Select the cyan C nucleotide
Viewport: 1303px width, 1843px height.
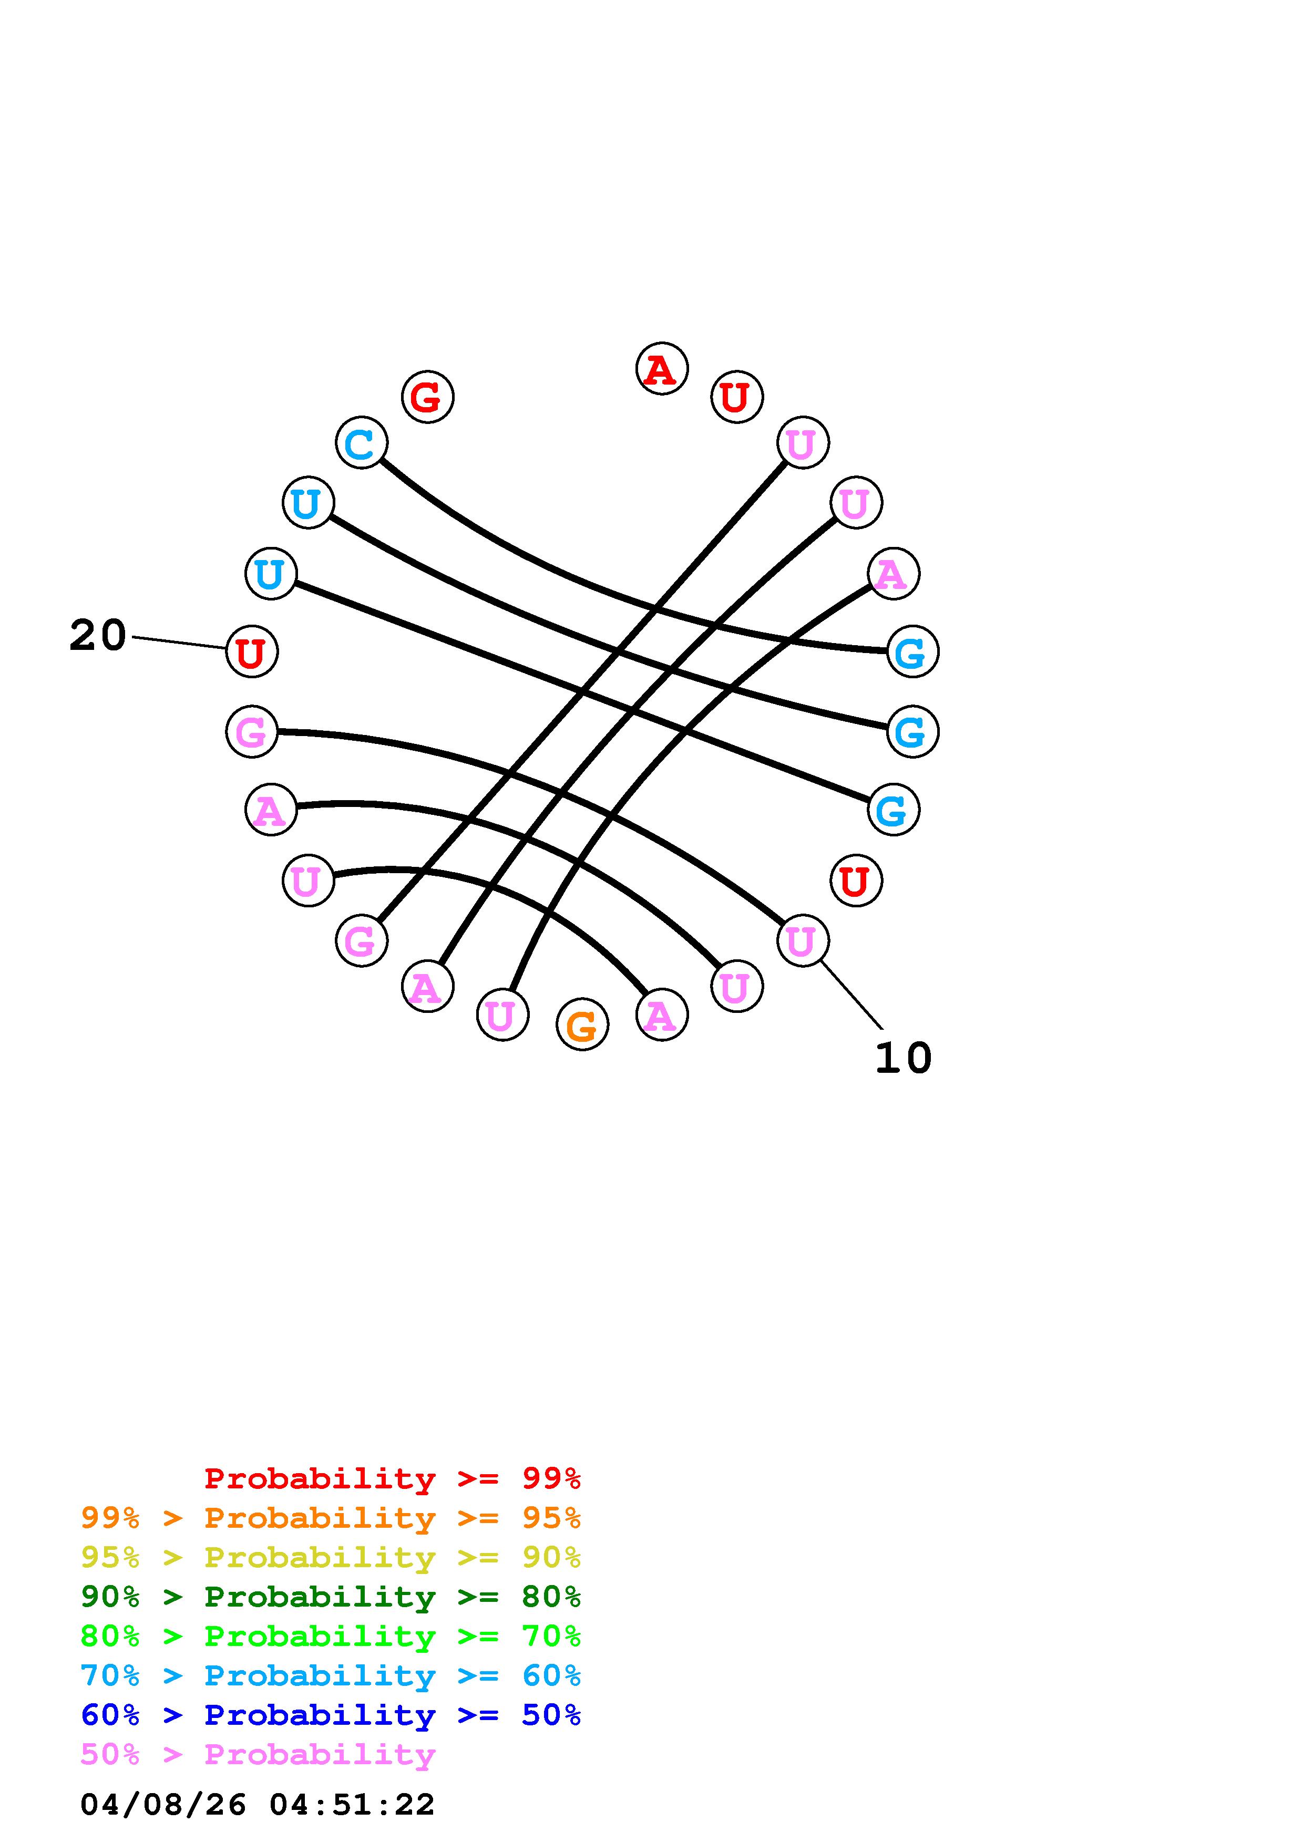pyautogui.click(x=361, y=442)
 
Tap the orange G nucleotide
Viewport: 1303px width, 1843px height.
pyautogui.click(x=582, y=1024)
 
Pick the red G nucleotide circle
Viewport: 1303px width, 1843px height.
pyautogui.click(x=427, y=397)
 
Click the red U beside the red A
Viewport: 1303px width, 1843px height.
pyautogui.click(x=736, y=397)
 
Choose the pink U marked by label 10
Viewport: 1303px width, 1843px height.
pyautogui.click(x=802, y=940)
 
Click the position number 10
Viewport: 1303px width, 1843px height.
pyautogui.click(x=903, y=1058)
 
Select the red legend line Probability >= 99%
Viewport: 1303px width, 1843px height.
pyautogui.click(x=393, y=1478)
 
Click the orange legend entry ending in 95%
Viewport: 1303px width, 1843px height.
pyautogui.click(x=331, y=1518)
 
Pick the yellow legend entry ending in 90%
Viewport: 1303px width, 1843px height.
pyautogui.click(x=331, y=1557)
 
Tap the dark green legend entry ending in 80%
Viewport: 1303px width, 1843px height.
pyautogui.click(x=331, y=1597)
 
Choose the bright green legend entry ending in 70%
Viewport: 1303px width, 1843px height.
pyautogui.click(x=331, y=1636)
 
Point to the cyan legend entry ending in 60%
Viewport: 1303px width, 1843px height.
pyautogui.click(x=331, y=1675)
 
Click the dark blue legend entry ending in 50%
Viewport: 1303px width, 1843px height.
pyautogui.click(x=331, y=1715)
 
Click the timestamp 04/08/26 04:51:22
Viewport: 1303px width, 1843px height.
pyautogui.click(x=258, y=1805)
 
